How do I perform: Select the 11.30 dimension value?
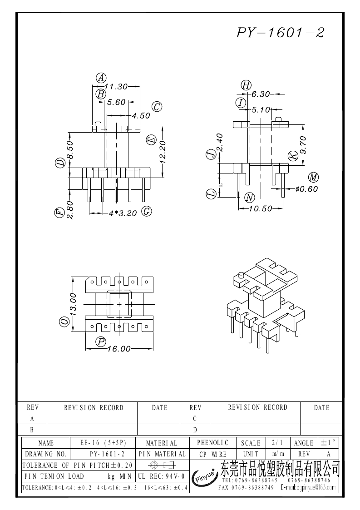[x=115, y=86]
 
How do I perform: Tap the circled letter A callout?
[x=101, y=78]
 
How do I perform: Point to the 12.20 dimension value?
[x=163, y=151]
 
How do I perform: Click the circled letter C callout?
[x=157, y=107]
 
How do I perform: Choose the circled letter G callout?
[x=146, y=211]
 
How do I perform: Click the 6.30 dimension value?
[x=261, y=94]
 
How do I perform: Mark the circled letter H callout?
[x=246, y=85]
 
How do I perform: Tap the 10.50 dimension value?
[x=260, y=208]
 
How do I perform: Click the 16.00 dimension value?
[x=119, y=349]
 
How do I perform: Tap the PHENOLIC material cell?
[x=213, y=443]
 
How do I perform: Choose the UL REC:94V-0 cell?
[x=161, y=476]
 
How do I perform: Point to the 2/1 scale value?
[x=276, y=443]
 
